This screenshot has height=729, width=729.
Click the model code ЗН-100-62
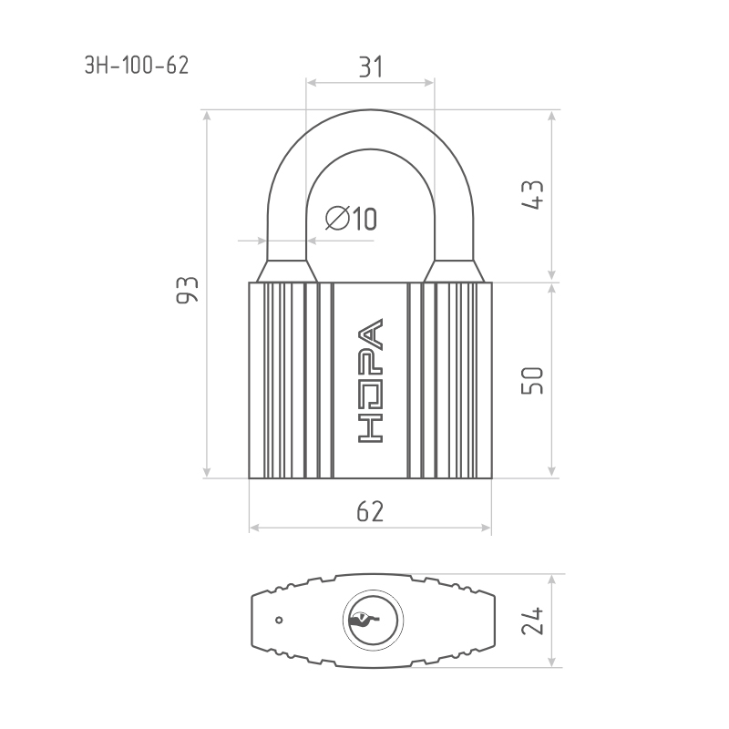pyautogui.click(x=137, y=65)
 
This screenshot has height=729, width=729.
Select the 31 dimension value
pyautogui.click(x=371, y=67)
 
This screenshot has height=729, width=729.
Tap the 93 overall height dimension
pyautogui.click(x=188, y=290)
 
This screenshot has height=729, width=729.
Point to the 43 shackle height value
pyautogui.click(x=532, y=195)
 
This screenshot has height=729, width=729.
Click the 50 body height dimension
pyautogui.click(x=532, y=381)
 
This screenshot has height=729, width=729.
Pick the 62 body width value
pyautogui.click(x=370, y=511)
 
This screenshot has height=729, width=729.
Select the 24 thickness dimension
pyautogui.click(x=532, y=621)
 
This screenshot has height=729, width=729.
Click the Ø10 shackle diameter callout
pyautogui.click(x=351, y=218)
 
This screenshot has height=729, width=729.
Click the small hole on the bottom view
pyautogui.click(x=279, y=621)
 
